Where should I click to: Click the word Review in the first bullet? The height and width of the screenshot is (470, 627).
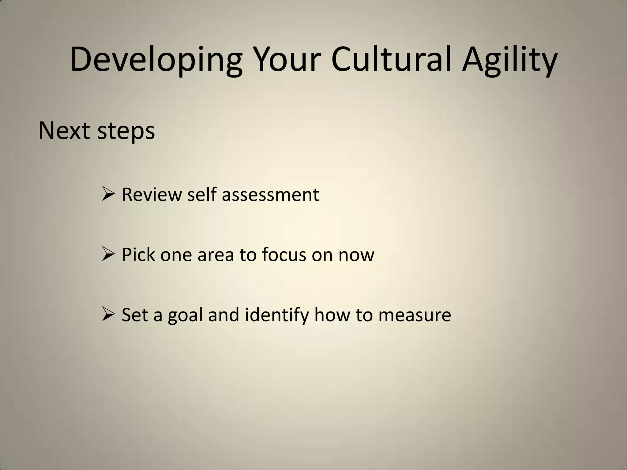click(152, 195)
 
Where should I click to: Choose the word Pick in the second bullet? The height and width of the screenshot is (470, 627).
click(138, 254)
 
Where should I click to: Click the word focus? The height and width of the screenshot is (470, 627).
click(284, 254)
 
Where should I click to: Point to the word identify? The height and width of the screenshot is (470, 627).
click(277, 315)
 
